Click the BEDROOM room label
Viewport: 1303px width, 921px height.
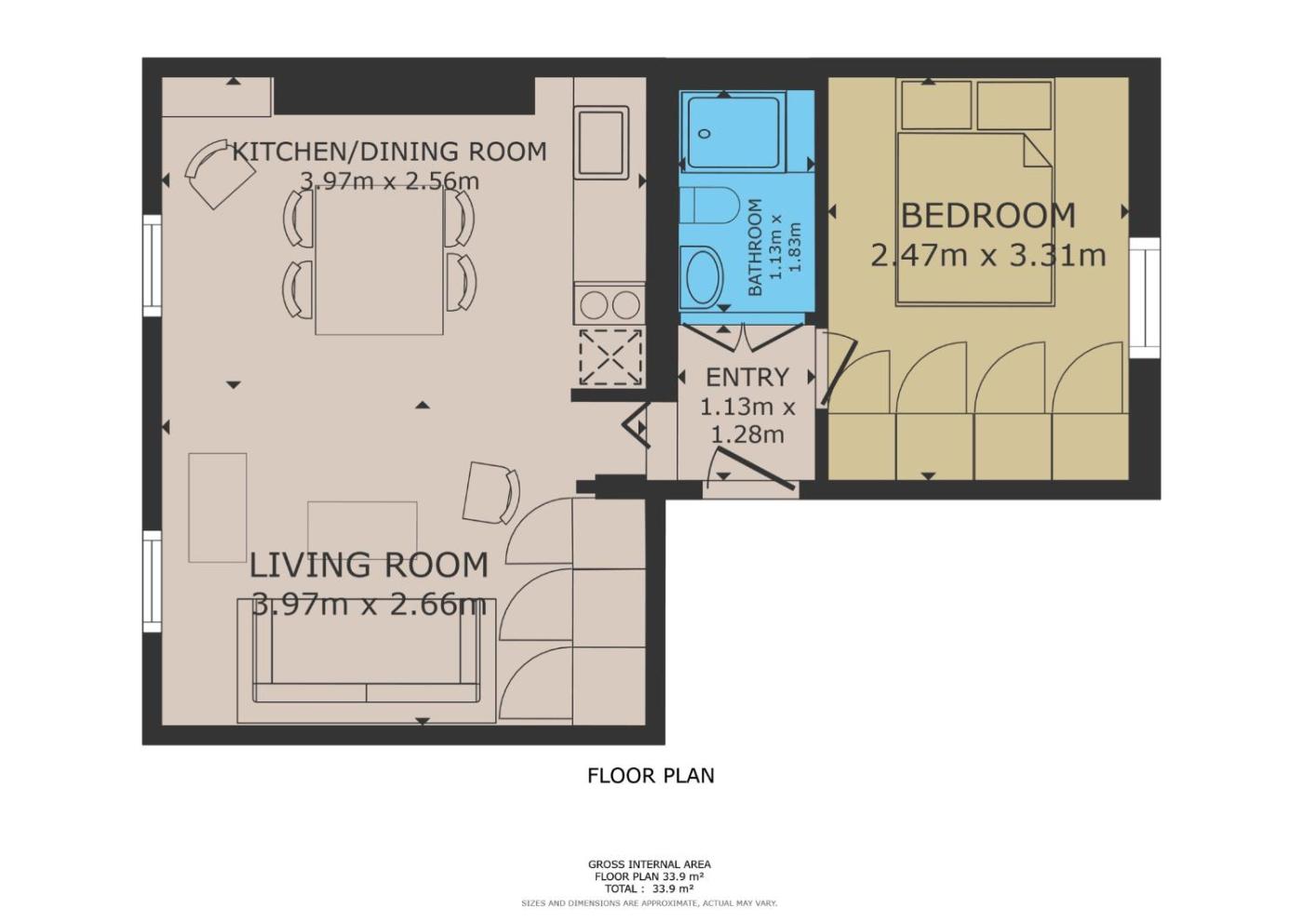(x=987, y=215)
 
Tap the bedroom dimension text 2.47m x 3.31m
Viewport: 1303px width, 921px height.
(x=987, y=255)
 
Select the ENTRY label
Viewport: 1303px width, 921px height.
(x=746, y=378)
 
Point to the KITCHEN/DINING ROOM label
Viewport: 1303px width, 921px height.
(x=390, y=152)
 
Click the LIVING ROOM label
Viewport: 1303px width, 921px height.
(x=369, y=566)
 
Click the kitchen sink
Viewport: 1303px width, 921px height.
(x=601, y=141)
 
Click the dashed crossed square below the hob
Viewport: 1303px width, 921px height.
(x=611, y=357)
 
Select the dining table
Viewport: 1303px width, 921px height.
(x=380, y=260)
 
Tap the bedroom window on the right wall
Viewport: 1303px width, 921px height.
(x=1145, y=297)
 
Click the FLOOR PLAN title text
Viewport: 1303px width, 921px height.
(x=651, y=776)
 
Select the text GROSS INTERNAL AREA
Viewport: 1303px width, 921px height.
(x=650, y=864)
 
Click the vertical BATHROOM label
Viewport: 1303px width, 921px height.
(x=755, y=247)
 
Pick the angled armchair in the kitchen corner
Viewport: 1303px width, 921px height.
(x=220, y=173)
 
